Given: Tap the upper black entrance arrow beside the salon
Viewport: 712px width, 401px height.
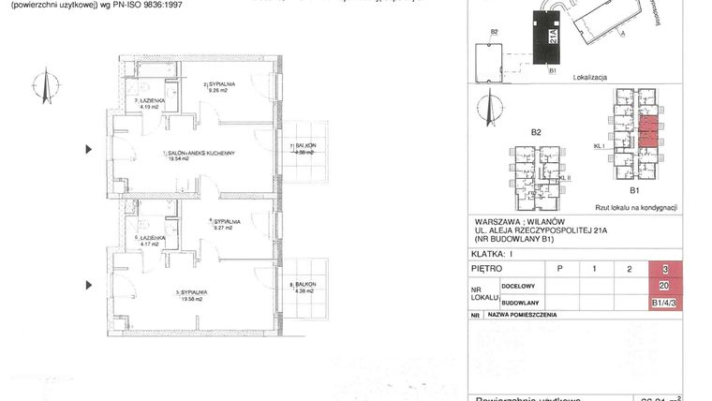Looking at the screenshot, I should click(90, 148).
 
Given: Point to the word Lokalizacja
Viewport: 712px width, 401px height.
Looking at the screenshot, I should click(591, 78).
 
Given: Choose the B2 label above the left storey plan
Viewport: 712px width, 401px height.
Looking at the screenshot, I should click(535, 132).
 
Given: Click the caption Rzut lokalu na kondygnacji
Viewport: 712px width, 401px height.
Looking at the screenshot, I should click(636, 207).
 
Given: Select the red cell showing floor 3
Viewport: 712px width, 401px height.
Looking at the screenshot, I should click(665, 269).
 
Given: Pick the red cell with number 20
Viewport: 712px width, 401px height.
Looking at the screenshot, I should click(665, 286).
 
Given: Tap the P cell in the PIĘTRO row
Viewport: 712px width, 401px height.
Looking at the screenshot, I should click(560, 269).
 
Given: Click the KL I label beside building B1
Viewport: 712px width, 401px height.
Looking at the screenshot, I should click(596, 147).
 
